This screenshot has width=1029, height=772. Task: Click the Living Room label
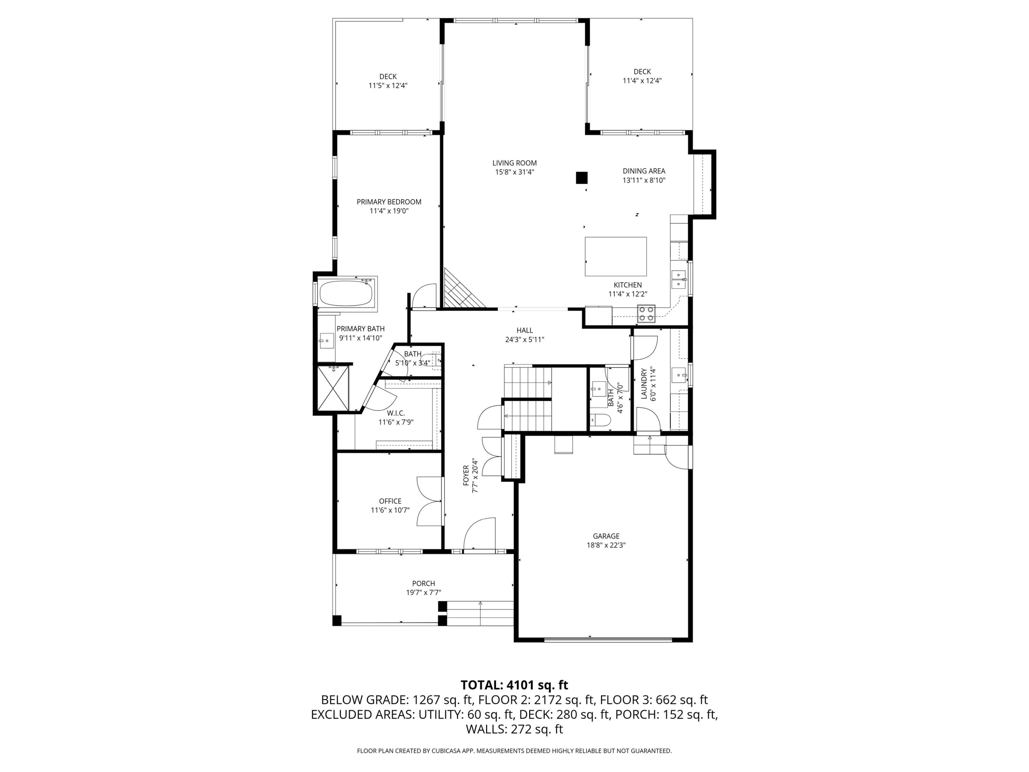[514, 163]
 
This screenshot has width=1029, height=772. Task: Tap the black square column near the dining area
[581, 178]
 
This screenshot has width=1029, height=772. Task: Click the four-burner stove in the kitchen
[646, 314]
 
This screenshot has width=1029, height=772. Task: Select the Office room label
[390, 501]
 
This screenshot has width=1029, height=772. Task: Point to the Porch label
[423, 584]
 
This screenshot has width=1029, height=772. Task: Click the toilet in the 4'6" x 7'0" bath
[600, 420]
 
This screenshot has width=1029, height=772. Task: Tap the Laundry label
[644, 384]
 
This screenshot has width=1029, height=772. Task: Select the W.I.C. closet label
[395, 413]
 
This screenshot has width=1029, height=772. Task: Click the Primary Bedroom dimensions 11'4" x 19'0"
[389, 211]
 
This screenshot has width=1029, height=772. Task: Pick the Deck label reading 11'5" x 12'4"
[388, 86]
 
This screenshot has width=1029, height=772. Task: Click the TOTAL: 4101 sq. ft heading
[514, 685]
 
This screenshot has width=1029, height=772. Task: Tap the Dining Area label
[644, 171]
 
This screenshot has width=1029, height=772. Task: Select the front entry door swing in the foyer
[479, 534]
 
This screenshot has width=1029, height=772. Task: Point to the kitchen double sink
[678, 279]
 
